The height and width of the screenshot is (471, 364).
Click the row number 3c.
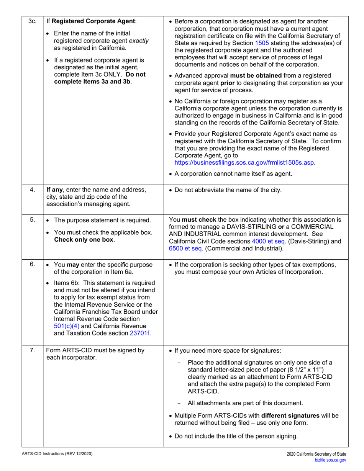tap(32, 21)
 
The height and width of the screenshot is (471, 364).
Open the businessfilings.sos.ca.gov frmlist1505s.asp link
tap(244, 162)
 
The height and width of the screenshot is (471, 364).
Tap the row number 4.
tap(32, 190)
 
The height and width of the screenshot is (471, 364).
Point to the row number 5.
tap(32, 220)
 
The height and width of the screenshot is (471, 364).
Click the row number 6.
tap(32, 265)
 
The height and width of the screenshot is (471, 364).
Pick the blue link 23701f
tap(140, 333)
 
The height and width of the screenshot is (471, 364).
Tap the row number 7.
tap(32, 350)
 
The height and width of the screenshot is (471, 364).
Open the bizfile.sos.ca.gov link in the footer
tap(330, 461)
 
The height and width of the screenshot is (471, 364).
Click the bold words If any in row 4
tap(54, 190)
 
